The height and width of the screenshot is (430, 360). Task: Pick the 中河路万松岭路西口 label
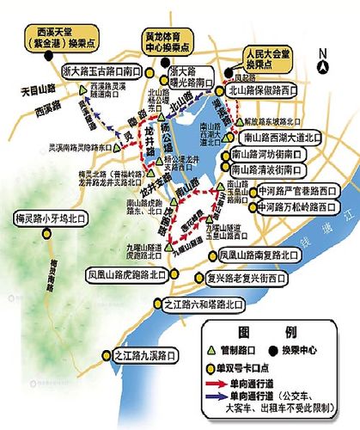292,207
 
